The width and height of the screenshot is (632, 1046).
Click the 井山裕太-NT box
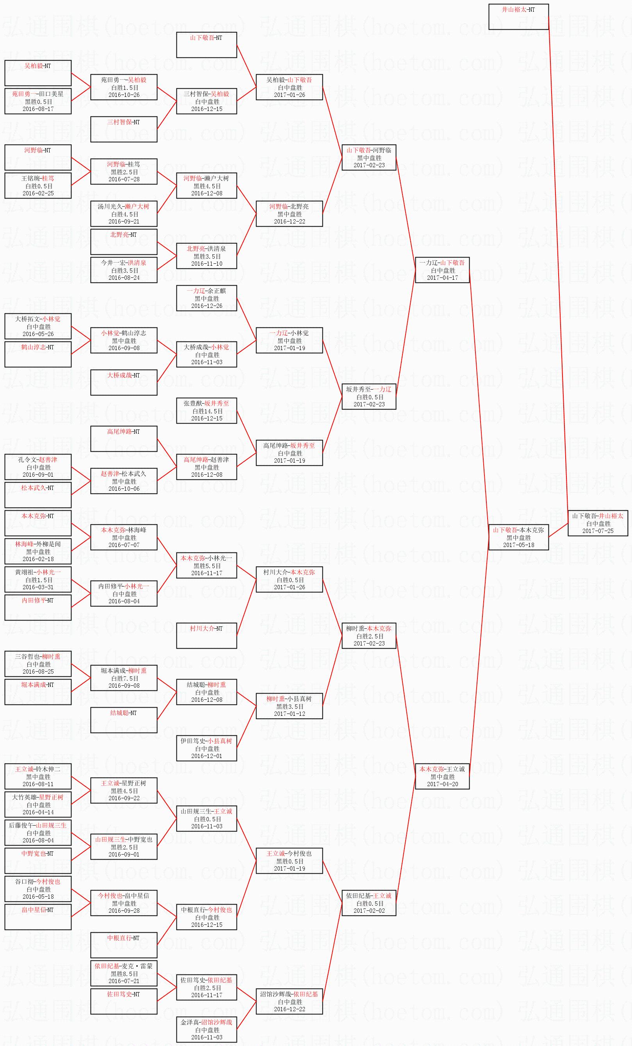518,16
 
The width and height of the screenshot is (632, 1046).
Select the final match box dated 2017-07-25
598,523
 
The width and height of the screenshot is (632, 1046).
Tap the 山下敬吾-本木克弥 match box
518,537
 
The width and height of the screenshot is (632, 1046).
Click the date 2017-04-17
442,278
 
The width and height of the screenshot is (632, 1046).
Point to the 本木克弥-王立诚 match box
442,776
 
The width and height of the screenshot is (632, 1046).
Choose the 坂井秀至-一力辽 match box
369,397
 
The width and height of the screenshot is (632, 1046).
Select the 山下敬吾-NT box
207,45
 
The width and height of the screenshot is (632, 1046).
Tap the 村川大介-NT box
207,635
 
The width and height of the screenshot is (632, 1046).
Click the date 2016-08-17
38,109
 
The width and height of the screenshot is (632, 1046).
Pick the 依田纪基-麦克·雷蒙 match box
124,973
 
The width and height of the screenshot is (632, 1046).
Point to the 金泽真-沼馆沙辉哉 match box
207,1030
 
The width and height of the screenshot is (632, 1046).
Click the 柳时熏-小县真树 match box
289,706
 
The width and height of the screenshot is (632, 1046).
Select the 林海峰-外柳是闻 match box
38,551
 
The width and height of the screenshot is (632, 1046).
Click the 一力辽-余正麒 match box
207,298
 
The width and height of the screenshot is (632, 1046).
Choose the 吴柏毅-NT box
38,73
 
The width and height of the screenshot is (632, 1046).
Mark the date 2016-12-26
207,306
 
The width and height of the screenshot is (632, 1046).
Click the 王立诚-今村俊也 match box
289,860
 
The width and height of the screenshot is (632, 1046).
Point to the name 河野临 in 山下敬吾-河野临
382,150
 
